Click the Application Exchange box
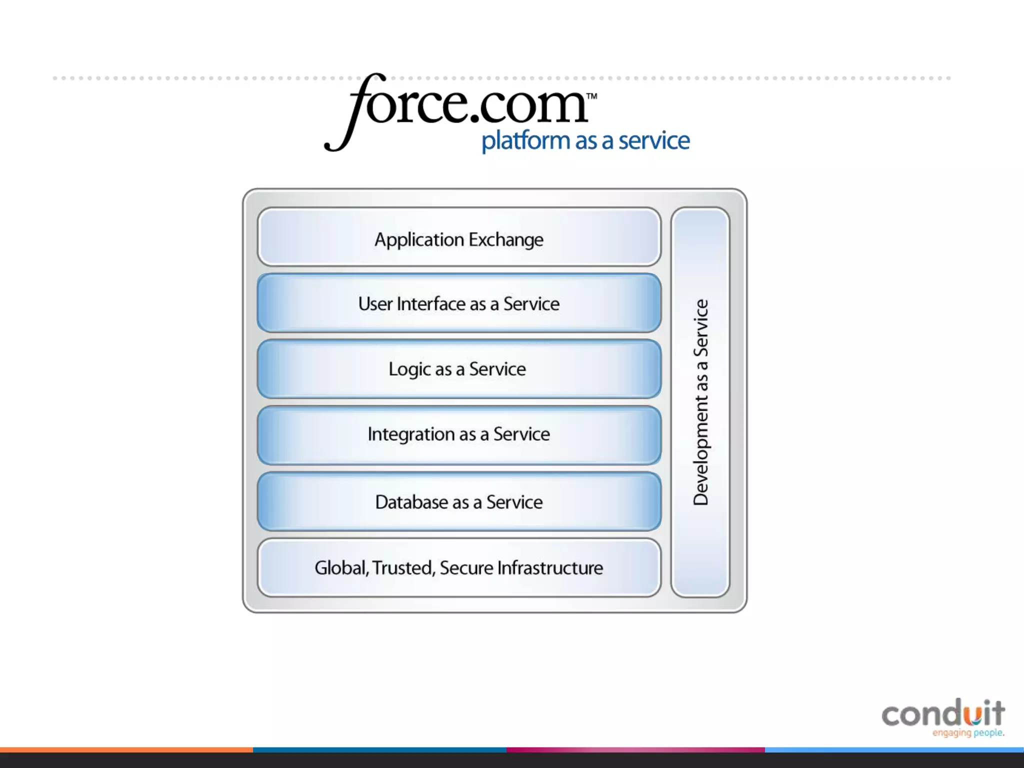[459, 237]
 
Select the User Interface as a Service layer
[459, 303]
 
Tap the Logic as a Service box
[459, 369]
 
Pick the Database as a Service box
[459, 501]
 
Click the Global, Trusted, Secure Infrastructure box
[459, 567]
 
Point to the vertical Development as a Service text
[700, 402]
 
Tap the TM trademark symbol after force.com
[591, 96]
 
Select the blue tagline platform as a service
[585, 140]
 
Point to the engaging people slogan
[968, 733]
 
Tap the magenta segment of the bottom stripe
[635, 750]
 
